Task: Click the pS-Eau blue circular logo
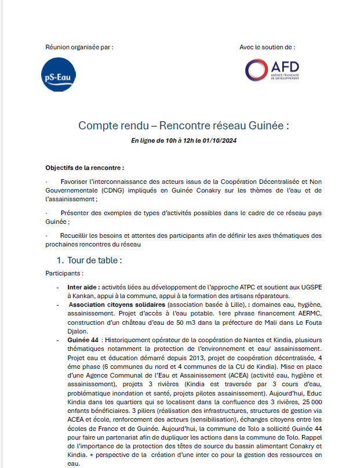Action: click(x=60, y=75)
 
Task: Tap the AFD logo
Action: click(x=271, y=70)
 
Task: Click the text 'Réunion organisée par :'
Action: click(x=79, y=46)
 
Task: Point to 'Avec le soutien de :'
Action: click(x=267, y=46)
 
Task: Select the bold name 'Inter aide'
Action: click(x=83, y=287)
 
